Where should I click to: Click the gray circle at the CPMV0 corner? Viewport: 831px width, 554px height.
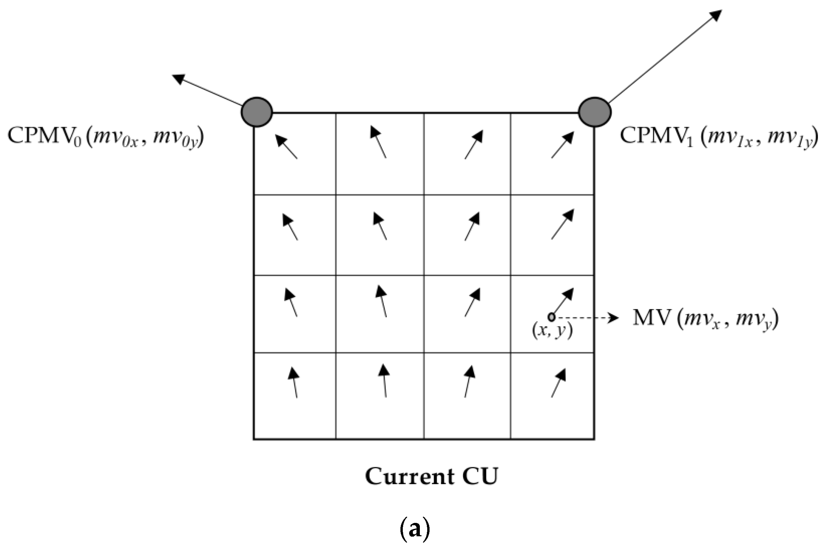pos(257,112)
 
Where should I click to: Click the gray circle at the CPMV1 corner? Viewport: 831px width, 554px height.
pos(594,112)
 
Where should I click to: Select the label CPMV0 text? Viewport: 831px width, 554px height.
pos(44,136)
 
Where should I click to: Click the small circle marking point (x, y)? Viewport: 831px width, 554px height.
pos(552,316)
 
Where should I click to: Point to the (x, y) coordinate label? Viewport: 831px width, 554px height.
pos(552,331)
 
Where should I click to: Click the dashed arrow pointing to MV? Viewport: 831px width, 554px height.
pos(586,318)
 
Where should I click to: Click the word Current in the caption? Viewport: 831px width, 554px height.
pos(409,477)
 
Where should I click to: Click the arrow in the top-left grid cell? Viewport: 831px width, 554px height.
pos(287,147)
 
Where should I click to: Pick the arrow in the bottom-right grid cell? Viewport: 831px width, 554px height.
pos(559,383)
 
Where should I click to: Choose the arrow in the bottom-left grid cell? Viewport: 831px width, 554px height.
pos(294,383)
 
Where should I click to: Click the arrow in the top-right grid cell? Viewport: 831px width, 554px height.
pos(563,145)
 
